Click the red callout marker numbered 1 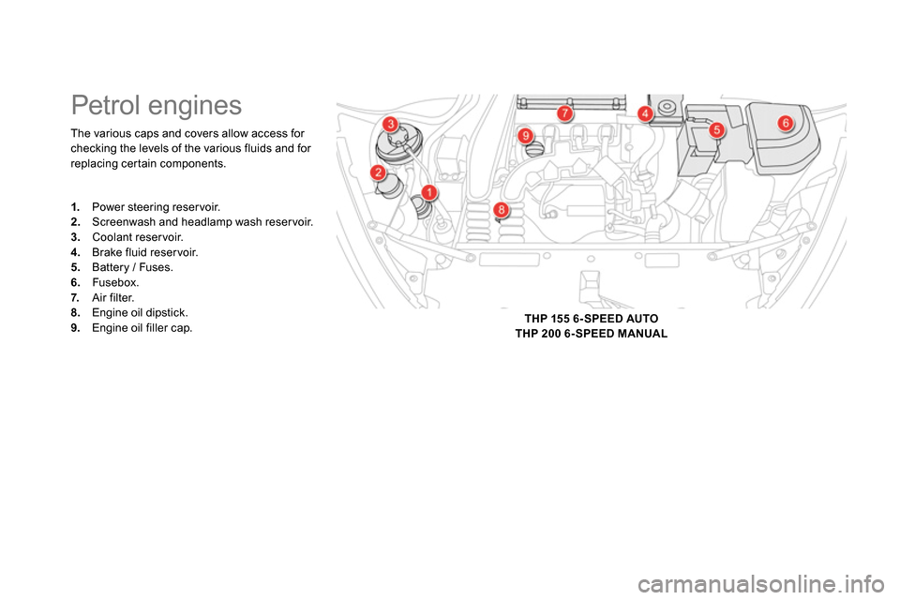(x=428, y=192)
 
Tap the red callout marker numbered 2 (x=378, y=172)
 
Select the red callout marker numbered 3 (x=390, y=124)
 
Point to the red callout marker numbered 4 (x=645, y=113)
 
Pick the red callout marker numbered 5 (x=716, y=129)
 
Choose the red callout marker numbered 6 (x=786, y=122)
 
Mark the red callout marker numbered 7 (x=564, y=113)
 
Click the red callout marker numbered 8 (x=501, y=210)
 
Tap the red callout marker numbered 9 (x=525, y=136)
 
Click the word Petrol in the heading (x=106, y=106)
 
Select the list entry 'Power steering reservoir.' (x=146, y=206)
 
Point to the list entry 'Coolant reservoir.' (x=127, y=237)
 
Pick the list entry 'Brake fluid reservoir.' (x=135, y=252)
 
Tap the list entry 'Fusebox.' (x=105, y=282)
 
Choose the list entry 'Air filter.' (x=103, y=297)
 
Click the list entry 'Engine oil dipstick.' (x=129, y=313)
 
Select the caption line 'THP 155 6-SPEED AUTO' (x=592, y=319)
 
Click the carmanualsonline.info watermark (x=761, y=585)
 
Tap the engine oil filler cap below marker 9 (x=533, y=150)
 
